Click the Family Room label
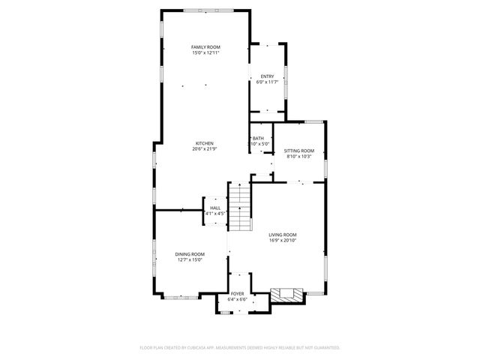[205, 47]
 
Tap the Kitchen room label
[205, 143]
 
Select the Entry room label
[267, 76]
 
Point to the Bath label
[258, 138]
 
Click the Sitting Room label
[299, 151]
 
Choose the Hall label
[215, 208]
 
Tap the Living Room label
[283, 235]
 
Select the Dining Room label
[190, 254]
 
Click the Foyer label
[237, 293]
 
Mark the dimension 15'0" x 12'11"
[205, 53]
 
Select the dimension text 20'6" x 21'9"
[205, 149]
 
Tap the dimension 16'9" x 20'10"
[283, 241]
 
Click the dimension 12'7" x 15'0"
[190, 260]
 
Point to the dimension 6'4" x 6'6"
[237, 299]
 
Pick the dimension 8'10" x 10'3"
[299, 157]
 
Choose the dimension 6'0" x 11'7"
[267, 82]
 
